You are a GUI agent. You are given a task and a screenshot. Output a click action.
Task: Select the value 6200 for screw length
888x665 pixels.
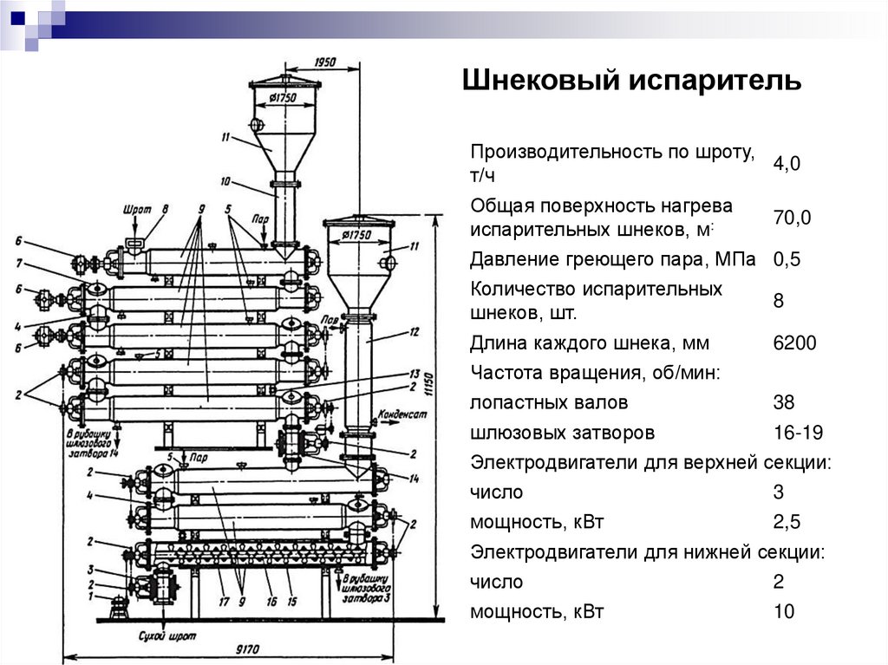click(x=794, y=343)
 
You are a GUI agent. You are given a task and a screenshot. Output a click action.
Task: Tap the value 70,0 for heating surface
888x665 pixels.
click(x=792, y=218)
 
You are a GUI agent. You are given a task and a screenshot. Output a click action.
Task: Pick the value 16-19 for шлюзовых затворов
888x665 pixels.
click(x=798, y=432)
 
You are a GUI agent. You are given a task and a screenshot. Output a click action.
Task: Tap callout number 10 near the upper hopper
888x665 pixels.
click(x=225, y=181)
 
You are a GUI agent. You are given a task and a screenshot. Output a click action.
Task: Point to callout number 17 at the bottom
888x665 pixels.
click(x=223, y=600)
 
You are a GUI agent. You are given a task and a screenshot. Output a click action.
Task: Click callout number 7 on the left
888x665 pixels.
click(x=17, y=264)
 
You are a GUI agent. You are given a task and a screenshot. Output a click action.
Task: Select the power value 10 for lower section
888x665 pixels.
click(x=783, y=611)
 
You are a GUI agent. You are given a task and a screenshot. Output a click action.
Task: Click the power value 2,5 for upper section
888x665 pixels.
click(x=787, y=522)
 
